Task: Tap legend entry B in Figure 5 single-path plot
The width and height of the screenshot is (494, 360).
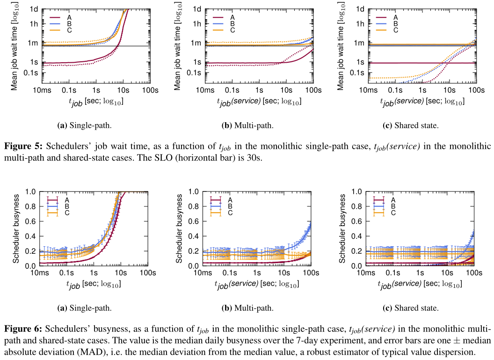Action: [67, 24]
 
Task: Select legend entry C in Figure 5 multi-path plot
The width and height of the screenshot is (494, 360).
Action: [232, 30]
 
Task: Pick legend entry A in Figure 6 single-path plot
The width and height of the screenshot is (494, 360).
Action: [67, 199]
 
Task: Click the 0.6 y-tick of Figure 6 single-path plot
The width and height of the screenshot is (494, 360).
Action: [30, 221]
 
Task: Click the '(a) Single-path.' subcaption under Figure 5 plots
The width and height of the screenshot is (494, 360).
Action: [84, 125]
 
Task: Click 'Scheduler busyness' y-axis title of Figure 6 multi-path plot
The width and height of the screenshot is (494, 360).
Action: [180, 228]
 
